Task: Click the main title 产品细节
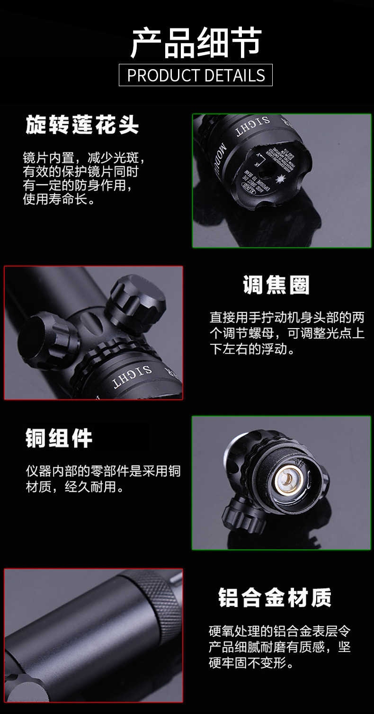point(196,43)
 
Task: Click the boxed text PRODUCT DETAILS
point(196,75)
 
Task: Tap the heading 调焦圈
point(276,286)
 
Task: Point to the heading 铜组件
point(59,438)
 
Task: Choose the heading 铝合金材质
point(275,598)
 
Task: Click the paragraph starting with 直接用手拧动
point(287,333)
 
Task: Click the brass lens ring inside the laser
point(289,481)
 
